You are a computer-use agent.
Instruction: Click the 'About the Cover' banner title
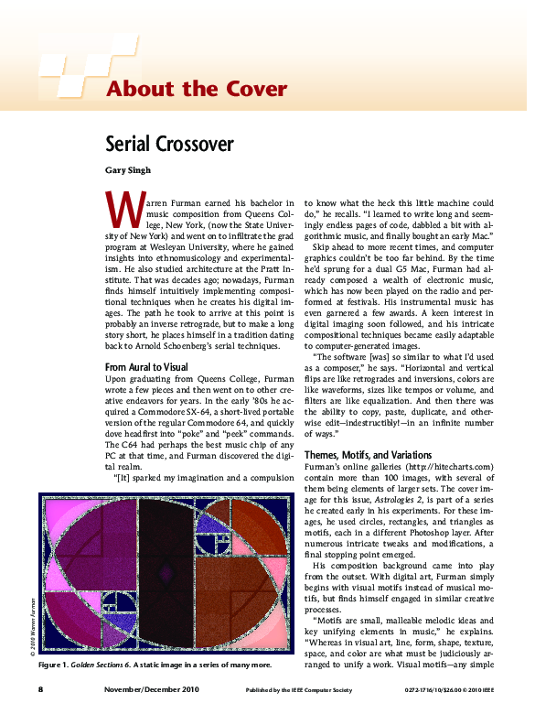197,89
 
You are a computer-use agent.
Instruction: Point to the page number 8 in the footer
41,687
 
